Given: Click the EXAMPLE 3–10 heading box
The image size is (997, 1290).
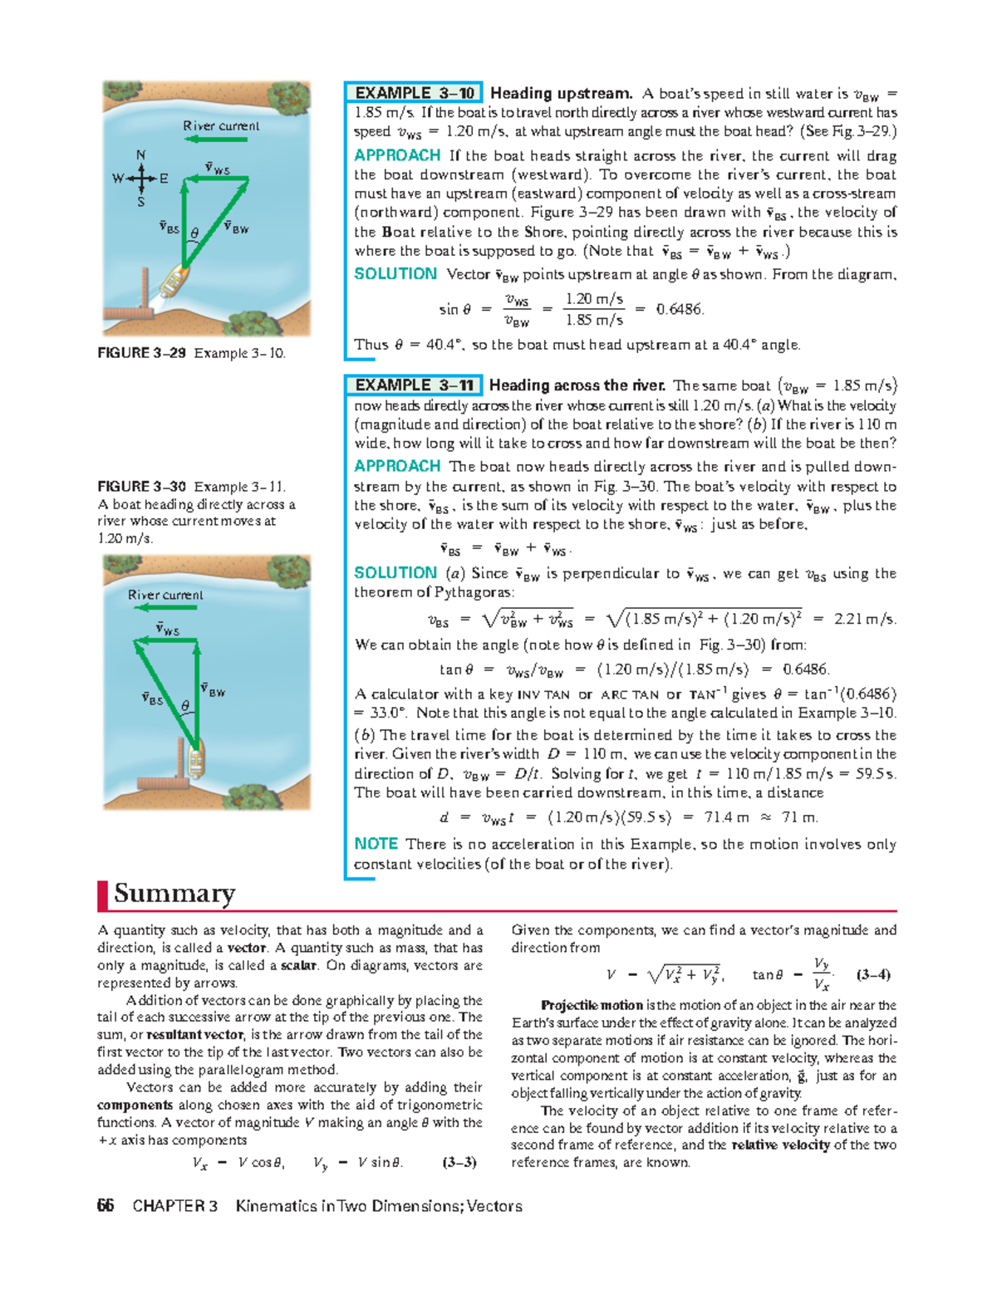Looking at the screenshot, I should [414, 93].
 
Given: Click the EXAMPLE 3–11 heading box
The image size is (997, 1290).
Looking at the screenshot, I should [414, 385].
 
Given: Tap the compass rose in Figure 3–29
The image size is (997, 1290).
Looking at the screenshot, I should [141, 178].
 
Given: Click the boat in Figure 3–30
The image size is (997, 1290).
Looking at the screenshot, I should [196, 758].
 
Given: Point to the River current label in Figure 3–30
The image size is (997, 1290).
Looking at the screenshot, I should [165, 595].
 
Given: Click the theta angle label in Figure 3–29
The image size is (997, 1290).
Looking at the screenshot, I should [194, 234].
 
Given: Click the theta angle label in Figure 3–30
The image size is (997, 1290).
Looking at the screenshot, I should [185, 706].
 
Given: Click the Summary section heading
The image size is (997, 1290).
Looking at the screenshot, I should [174, 894].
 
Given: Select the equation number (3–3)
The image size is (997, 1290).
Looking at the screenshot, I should [459, 1162].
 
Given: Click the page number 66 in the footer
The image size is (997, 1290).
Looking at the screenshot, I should [106, 1206].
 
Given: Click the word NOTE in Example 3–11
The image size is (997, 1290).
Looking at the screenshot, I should [376, 844].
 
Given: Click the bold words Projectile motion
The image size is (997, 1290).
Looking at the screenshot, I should [592, 1005].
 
